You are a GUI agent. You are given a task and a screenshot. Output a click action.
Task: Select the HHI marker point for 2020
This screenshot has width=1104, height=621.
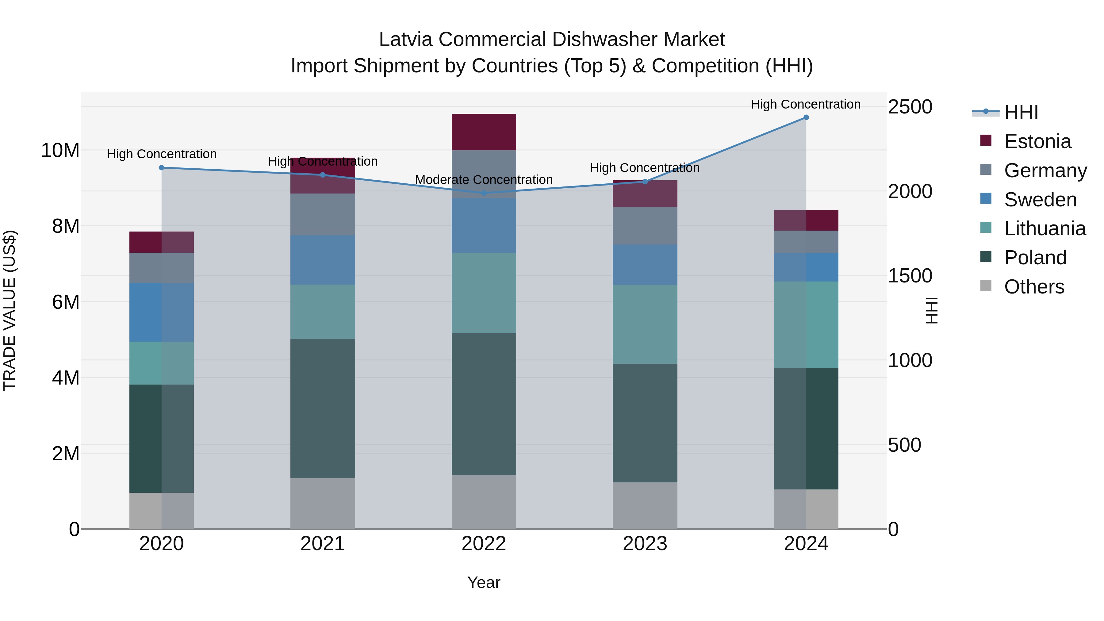tap(162, 167)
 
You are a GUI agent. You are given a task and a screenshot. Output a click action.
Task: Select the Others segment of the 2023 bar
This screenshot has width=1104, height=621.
tap(645, 505)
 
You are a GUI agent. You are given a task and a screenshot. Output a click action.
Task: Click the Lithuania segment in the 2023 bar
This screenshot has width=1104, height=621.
tap(645, 324)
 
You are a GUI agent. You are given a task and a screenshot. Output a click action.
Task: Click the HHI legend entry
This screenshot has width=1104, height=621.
tap(1021, 112)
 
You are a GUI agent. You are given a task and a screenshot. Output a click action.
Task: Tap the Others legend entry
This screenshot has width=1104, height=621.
tap(1034, 287)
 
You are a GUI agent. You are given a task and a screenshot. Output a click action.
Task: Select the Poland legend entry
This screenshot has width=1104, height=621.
tap(1035, 258)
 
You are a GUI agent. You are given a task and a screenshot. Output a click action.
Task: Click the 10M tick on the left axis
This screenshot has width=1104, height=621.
tap(60, 151)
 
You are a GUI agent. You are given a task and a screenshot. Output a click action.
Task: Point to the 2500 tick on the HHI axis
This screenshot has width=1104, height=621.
tap(910, 107)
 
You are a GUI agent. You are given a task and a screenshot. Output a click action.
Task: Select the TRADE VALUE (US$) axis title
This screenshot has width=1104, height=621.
tap(10, 310)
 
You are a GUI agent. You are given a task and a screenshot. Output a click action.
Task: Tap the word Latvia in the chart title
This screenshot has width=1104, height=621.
tap(406, 40)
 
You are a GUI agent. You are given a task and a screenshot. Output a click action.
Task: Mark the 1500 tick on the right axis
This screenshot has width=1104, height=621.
tap(910, 276)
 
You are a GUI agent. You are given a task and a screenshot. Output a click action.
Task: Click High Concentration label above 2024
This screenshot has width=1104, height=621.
tap(805, 104)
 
